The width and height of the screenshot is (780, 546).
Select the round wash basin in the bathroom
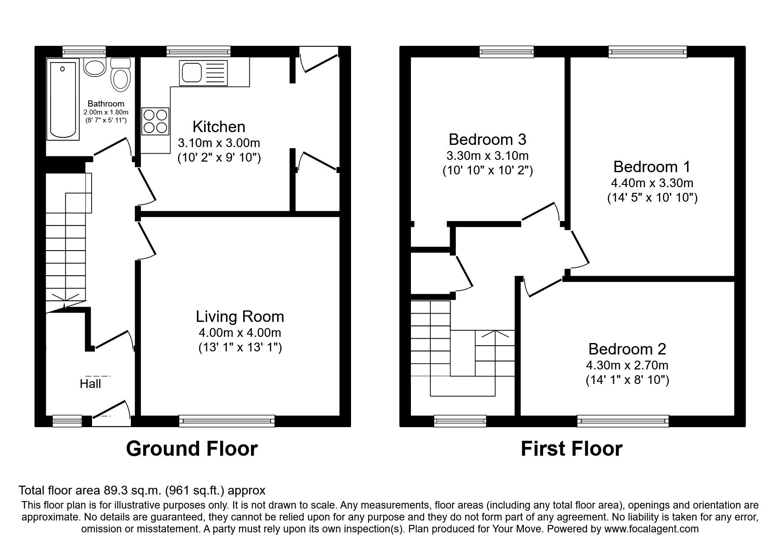[93, 68]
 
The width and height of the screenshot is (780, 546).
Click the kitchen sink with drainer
[203, 73]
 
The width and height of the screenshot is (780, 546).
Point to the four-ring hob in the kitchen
[155, 121]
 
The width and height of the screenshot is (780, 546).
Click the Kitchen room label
[219, 127]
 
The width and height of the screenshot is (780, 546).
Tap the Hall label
[90, 384]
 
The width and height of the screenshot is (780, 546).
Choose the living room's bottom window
[227, 421]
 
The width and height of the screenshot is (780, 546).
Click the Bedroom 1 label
[652, 167]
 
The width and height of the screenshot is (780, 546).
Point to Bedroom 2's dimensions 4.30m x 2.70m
[627, 365]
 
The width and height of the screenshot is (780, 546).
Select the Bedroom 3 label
[487, 140]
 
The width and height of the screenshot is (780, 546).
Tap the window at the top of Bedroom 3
[506, 52]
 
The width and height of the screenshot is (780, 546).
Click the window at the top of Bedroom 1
[647, 52]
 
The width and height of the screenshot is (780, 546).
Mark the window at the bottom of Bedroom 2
[623, 421]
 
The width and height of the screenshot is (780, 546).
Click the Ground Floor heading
[192, 449]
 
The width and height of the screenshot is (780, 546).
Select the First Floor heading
[571, 449]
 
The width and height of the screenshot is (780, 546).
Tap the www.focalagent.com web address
[651, 529]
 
